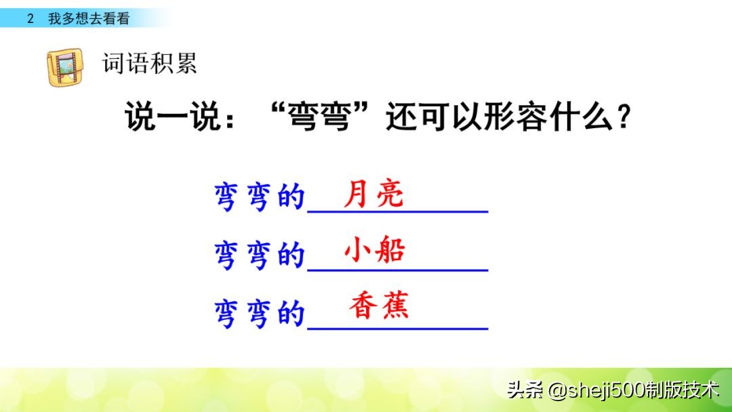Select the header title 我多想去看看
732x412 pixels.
click(88, 19)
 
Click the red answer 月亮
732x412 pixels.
click(373, 195)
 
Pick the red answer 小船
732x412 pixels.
click(374, 251)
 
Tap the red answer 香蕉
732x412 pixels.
click(380, 307)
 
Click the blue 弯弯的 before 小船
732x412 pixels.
click(259, 255)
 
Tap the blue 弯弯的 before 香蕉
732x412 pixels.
click(259, 314)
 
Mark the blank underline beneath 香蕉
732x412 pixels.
click(398, 329)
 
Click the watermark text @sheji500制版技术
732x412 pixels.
click(634, 390)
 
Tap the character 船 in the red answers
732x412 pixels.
click(390, 251)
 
